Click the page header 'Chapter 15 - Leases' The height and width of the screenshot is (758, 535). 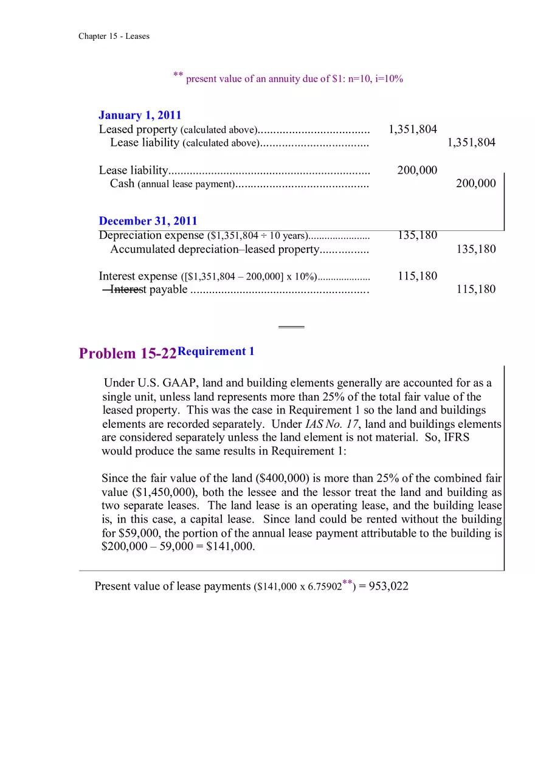[x=114, y=36]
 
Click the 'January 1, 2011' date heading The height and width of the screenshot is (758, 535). [x=140, y=115]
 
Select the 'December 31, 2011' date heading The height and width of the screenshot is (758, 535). [x=148, y=221]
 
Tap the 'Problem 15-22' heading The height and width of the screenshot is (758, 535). [x=128, y=354]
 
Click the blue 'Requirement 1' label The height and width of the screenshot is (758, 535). [x=216, y=351]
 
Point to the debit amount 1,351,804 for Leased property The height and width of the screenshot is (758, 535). [x=412, y=129]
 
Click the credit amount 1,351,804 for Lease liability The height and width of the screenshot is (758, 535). [x=471, y=143]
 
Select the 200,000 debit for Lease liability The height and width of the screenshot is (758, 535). [x=417, y=170]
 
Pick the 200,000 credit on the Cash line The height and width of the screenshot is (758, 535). [x=475, y=184]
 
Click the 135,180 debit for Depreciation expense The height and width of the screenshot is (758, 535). [x=417, y=235]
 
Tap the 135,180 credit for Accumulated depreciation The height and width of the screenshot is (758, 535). [x=475, y=249]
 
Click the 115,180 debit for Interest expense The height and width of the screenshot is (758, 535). [x=417, y=276]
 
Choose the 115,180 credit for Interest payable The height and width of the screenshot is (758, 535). [x=475, y=289]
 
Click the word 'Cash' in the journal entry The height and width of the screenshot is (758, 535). [x=122, y=184]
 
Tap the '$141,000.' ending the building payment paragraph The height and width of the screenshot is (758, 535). [x=230, y=546]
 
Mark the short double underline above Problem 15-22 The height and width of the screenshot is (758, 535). [x=291, y=327]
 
